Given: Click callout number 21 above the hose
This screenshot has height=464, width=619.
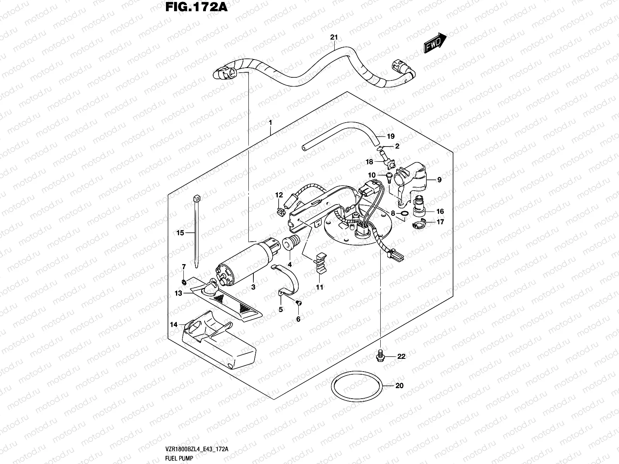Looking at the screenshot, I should (334, 38).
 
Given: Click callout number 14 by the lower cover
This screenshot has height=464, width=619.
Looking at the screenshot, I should (174, 324).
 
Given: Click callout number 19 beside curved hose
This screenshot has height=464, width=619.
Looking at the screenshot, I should (390, 136).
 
